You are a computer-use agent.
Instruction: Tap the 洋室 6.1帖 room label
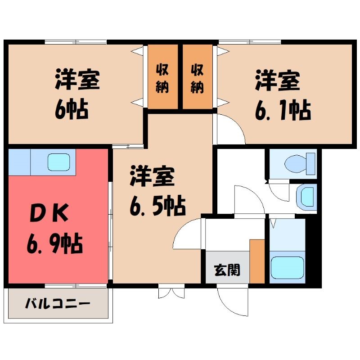pos(283,95)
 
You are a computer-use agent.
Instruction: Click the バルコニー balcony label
pos(58,304)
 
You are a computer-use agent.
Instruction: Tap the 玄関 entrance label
pos(227,270)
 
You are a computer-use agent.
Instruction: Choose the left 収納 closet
pos(163,76)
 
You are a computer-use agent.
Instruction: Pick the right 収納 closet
pos(198,76)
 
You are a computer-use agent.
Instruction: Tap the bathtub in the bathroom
pos(288,267)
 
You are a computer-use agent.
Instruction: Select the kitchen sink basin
pos(59,162)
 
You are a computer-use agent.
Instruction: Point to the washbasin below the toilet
pos(306,197)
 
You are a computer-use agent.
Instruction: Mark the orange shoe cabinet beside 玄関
pos(257,261)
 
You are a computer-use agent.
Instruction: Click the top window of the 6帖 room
pos(76,42)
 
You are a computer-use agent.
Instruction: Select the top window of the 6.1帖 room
pos(250,42)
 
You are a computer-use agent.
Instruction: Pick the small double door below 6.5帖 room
pos(171,292)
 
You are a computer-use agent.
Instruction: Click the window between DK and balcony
pos(76,286)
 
